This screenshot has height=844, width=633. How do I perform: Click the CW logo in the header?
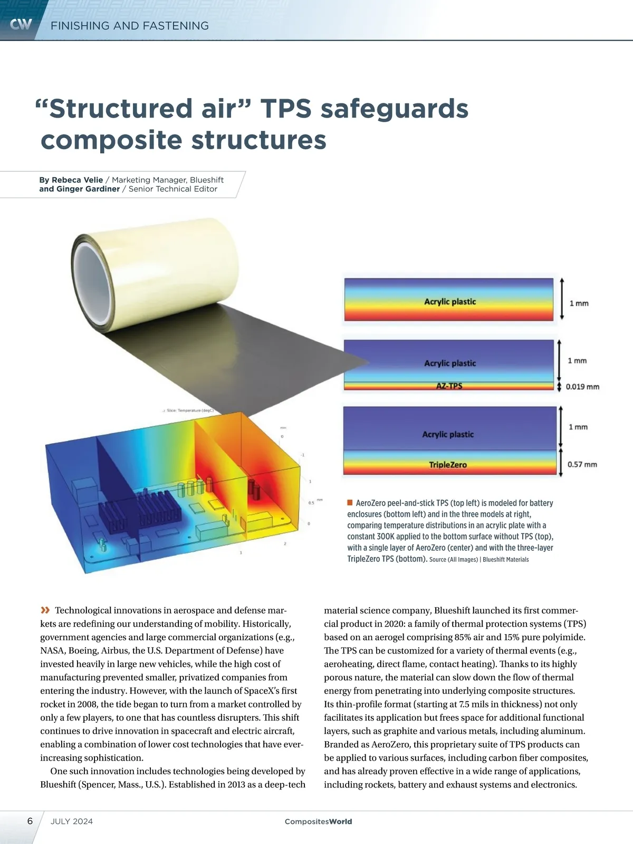[x=21, y=24]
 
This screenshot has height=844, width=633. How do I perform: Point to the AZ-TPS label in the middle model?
[x=449, y=386]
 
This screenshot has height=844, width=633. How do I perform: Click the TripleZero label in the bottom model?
[x=448, y=465]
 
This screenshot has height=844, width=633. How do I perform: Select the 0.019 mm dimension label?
[x=582, y=387]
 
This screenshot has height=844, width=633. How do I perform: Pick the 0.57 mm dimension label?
[x=582, y=465]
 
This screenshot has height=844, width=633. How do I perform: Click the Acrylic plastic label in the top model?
[x=450, y=302]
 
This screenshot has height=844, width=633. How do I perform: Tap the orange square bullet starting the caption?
[x=350, y=503]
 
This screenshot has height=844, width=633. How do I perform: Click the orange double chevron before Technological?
[x=45, y=610]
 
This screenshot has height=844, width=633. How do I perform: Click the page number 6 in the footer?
[x=30, y=821]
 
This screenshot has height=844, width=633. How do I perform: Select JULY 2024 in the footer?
[x=72, y=821]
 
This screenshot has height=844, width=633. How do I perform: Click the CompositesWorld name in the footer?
[x=318, y=821]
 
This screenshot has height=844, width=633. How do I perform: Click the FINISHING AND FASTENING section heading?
[x=130, y=26]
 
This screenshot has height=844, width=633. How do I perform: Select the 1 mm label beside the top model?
[x=579, y=303]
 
